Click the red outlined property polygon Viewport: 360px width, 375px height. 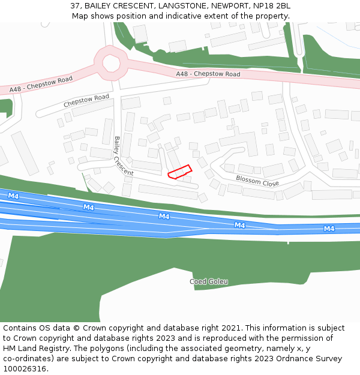pyautogui.click(x=179, y=172)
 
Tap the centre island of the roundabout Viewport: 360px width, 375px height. pyautogui.click(x=111, y=62)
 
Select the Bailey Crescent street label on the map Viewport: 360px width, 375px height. pyautogui.click(x=123, y=156)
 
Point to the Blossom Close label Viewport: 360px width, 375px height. pyautogui.click(x=257, y=181)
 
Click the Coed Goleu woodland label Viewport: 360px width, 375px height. pyautogui.click(x=209, y=281)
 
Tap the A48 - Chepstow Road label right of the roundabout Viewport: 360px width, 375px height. pyautogui.click(x=208, y=74)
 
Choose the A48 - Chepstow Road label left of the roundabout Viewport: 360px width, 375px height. pyautogui.click(x=41, y=84)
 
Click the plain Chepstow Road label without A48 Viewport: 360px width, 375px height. pyautogui.click(x=86, y=101)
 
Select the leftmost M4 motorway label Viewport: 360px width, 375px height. pyautogui.click(x=13, y=196)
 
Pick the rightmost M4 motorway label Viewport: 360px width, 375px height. pyautogui.click(x=329, y=229)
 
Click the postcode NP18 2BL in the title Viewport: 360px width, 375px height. pyautogui.click(x=271, y=6)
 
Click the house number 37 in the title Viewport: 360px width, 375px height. pyautogui.click(x=75, y=6)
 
